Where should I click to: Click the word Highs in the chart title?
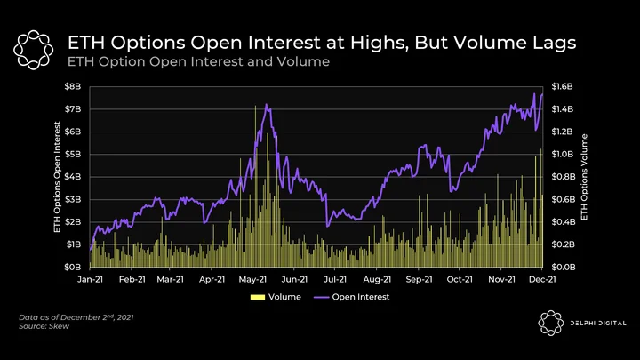click(x=380, y=44)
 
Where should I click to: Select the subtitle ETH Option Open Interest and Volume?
click(x=198, y=61)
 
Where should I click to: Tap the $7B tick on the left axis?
click(x=73, y=109)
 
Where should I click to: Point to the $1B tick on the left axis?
click(x=73, y=244)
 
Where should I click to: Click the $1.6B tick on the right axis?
click(x=563, y=86)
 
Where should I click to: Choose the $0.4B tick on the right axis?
click(x=564, y=222)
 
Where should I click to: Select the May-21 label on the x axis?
click(x=252, y=280)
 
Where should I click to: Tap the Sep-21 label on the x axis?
click(x=419, y=280)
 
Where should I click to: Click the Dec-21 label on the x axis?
click(x=542, y=280)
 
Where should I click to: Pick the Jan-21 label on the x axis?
click(x=90, y=280)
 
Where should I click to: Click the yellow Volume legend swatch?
click(x=258, y=297)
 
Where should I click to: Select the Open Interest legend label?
click(x=361, y=297)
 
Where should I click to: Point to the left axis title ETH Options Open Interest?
click(x=57, y=177)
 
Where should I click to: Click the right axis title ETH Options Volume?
click(x=584, y=177)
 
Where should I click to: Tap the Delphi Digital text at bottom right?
click(x=598, y=324)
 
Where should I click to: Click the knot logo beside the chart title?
click(x=34, y=50)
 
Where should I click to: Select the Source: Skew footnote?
click(x=44, y=326)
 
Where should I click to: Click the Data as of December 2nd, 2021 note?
click(x=76, y=317)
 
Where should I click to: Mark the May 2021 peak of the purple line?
click(x=266, y=105)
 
